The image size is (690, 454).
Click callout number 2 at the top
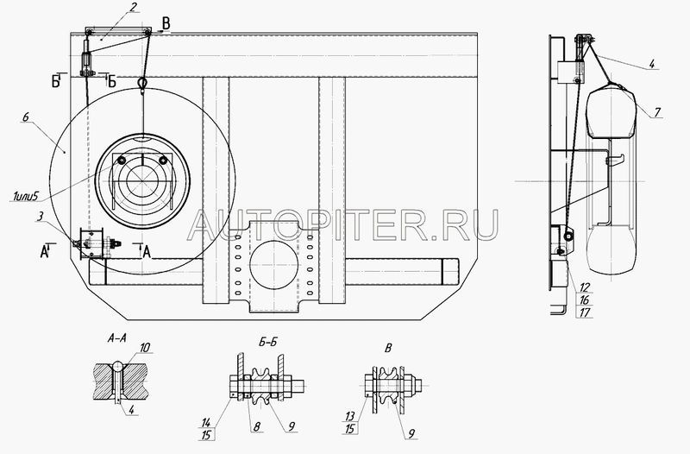point(134,8)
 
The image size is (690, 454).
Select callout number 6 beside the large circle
point(26,117)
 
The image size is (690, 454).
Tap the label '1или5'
point(25,196)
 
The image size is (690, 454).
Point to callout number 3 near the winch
point(41,217)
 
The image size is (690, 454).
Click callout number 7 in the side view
point(657,112)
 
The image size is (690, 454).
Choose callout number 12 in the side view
point(585,288)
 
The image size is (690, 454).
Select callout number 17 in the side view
point(585,312)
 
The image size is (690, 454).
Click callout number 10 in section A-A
point(145,348)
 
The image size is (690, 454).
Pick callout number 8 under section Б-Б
point(257,426)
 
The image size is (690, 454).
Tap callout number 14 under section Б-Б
point(206,423)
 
